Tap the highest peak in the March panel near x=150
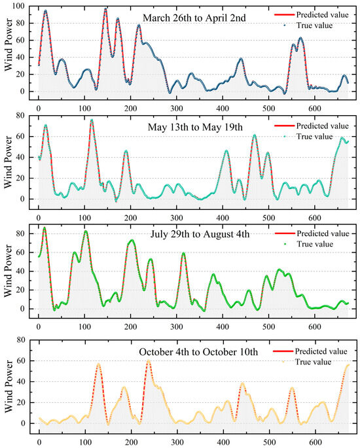pos(106,9)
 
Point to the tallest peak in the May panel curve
pos(92,120)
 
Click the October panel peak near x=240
pos(149,361)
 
